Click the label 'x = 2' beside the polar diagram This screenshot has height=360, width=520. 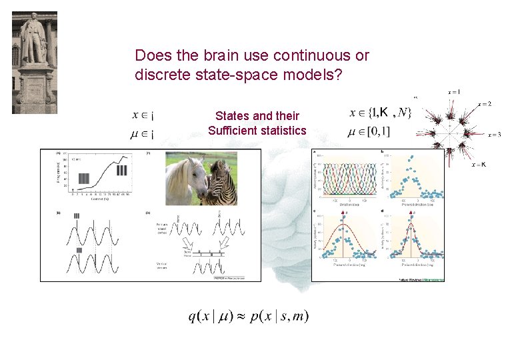coord(485,104)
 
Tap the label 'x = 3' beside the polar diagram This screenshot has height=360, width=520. coord(494,135)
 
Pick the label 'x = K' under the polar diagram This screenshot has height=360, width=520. coord(479,164)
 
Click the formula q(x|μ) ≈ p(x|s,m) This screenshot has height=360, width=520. coord(248,316)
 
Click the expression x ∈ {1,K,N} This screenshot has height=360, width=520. coord(381,113)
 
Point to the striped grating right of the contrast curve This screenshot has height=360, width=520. coord(121,169)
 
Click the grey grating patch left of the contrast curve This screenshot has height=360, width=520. coord(83,178)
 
